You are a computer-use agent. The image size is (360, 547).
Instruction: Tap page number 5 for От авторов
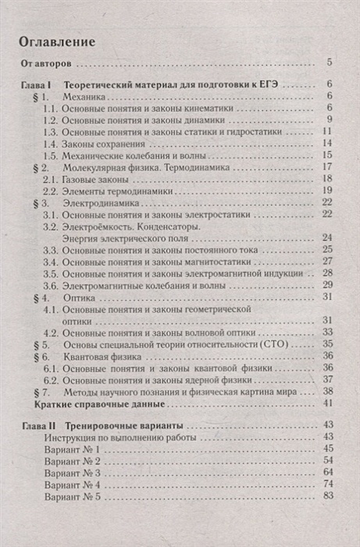click(x=330, y=63)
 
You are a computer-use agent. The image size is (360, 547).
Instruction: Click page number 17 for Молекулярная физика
click(x=328, y=167)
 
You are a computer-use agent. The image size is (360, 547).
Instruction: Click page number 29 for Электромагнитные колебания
click(x=328, y=284)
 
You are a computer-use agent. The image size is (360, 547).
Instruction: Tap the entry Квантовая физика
click(x=101, y=356)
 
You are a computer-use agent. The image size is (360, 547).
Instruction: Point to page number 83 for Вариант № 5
click(x=328, y=496)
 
